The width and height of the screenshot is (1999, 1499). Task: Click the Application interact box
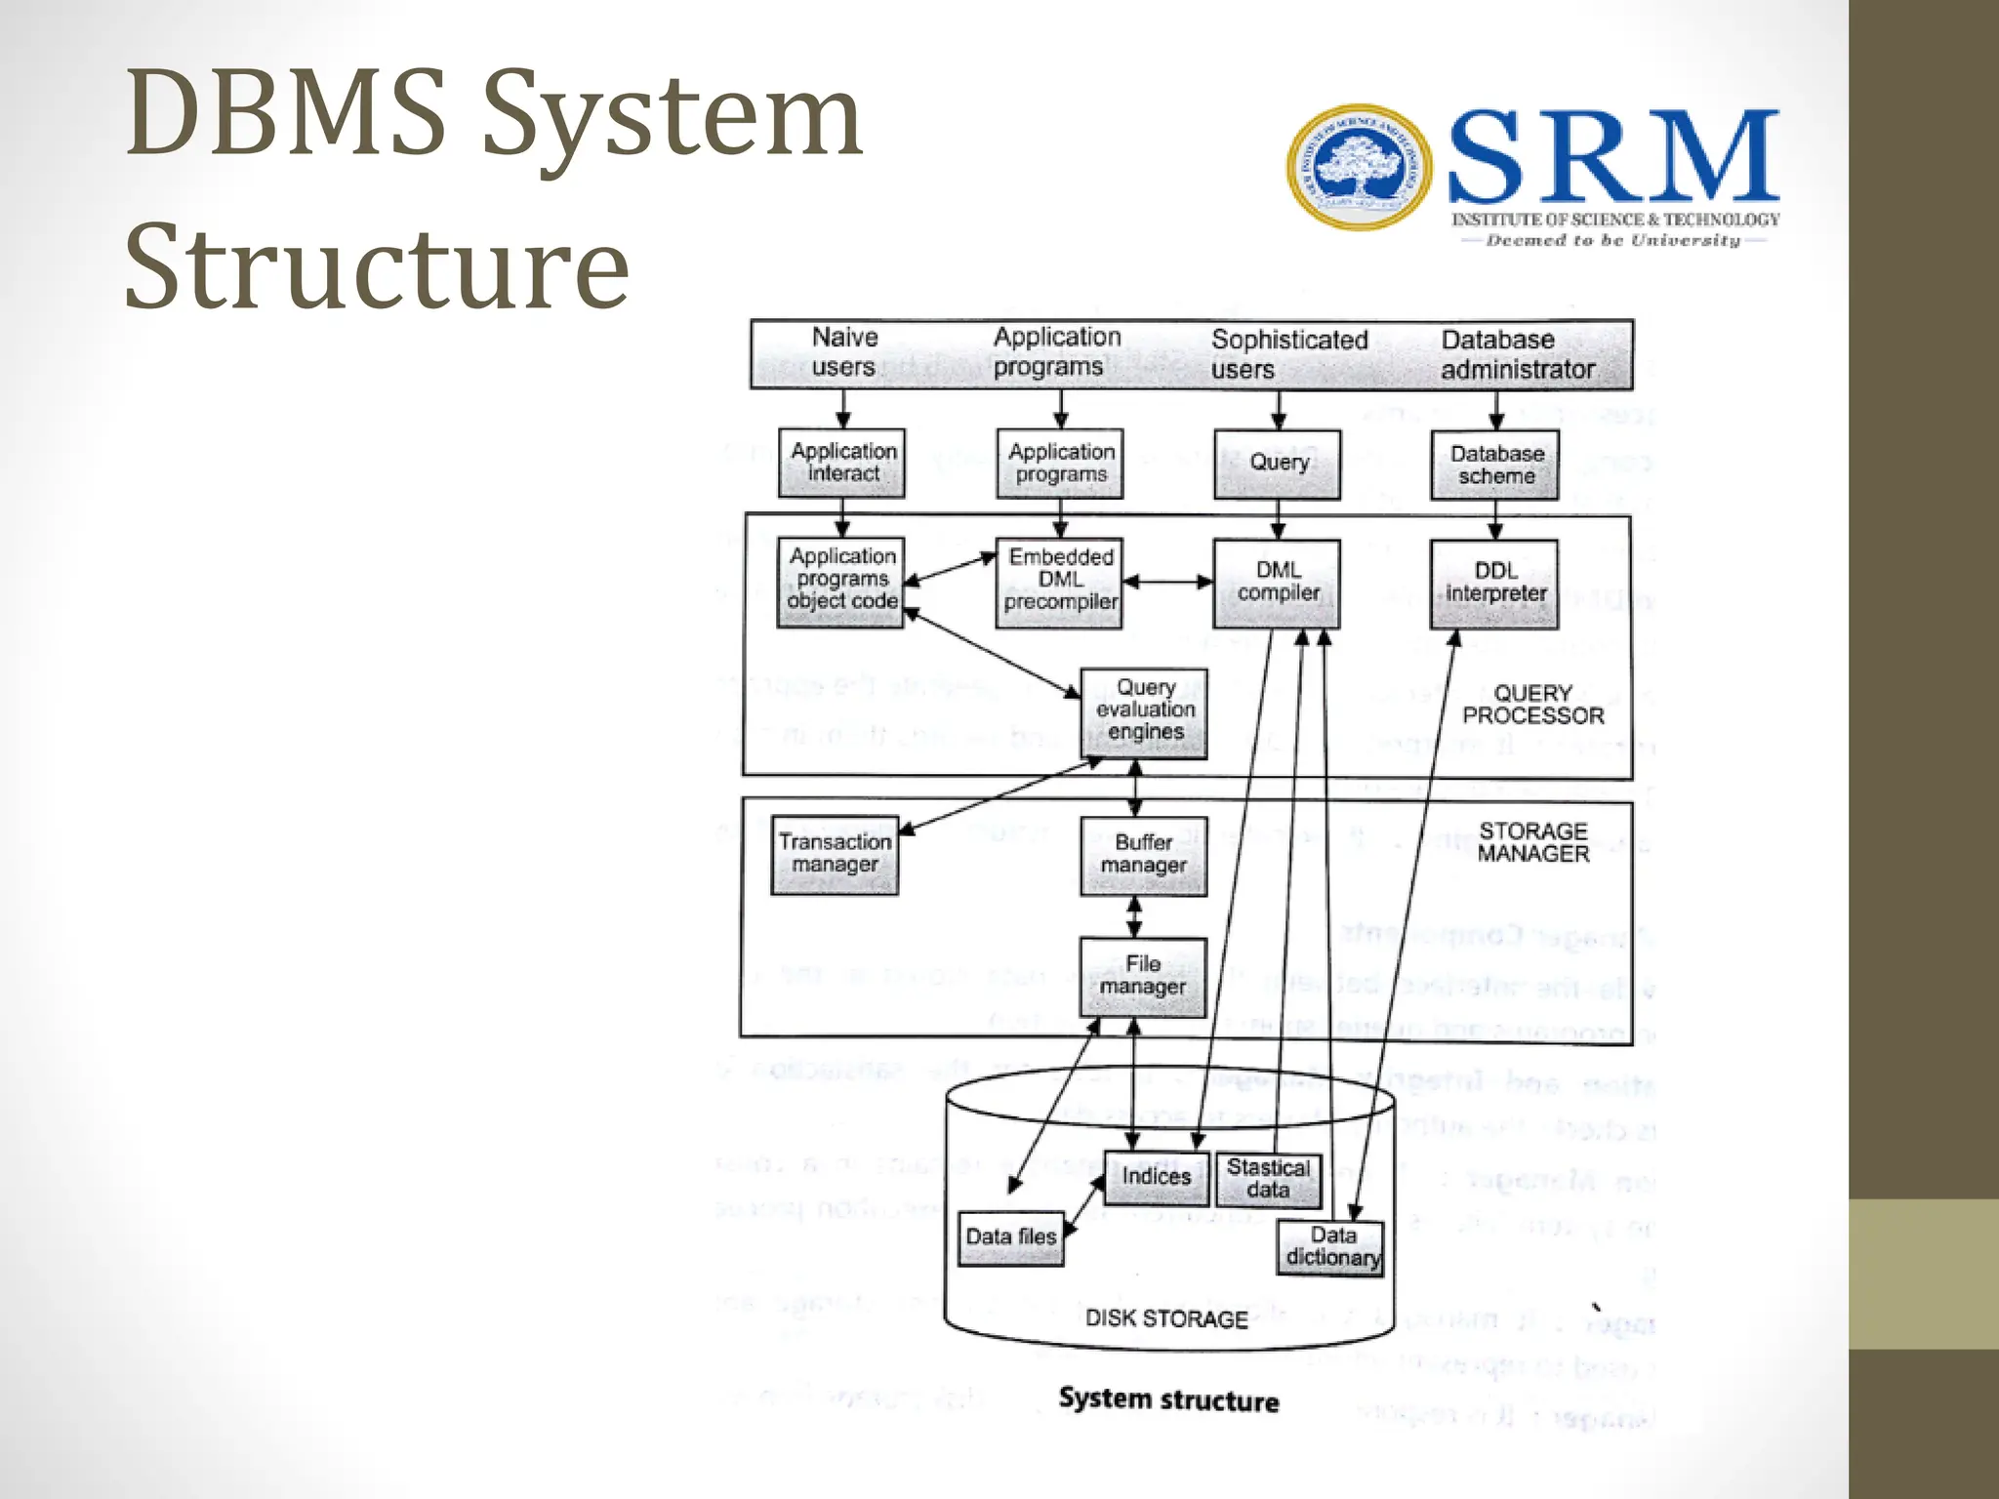842,464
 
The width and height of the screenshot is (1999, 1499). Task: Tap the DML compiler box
1277,583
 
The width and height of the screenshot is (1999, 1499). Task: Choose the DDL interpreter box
1494,583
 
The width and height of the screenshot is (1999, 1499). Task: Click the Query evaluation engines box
1144,712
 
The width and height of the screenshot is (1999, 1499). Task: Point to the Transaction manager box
835,855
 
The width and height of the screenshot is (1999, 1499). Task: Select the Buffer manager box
1143,855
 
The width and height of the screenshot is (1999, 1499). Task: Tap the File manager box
1142,977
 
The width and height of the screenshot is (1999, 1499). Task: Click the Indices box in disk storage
1156,1177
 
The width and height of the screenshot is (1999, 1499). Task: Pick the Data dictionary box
1331,1248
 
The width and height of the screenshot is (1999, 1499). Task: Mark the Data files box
1011,1237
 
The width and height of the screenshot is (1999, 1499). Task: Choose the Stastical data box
1268,1180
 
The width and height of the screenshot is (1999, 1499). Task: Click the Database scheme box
1495,466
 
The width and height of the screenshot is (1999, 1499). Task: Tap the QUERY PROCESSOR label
1532,705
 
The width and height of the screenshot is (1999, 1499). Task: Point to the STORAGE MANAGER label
1532,842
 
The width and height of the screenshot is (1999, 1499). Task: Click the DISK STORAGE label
1166,1319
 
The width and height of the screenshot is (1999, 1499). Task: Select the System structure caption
1168,1400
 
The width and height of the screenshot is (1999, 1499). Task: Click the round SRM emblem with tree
1360,168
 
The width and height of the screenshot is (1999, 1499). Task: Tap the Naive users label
844,352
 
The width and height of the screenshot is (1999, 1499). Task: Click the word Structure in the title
377,266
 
